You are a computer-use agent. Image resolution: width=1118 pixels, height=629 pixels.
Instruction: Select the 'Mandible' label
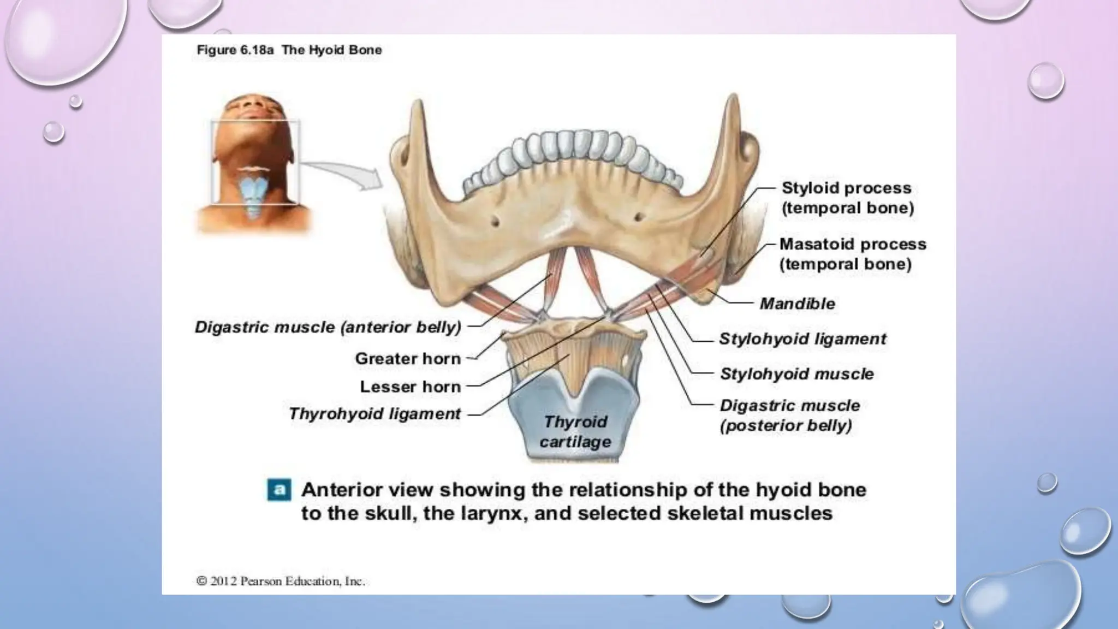pyautogui.click(x=797, y=304)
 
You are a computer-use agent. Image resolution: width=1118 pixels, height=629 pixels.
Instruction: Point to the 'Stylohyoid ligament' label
pyautogui.click(x=802, y=339)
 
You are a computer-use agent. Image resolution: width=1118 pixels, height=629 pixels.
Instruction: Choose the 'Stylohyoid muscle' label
pyautogui.click(x=796, y=374)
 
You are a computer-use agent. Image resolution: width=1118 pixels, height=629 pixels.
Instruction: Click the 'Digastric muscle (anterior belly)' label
pyautogui.click(x=328, y=327)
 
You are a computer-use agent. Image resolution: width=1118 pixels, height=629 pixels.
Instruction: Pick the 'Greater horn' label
pyautogui.click(x=408, y=359)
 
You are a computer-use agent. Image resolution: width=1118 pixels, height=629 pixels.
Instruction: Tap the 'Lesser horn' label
pyautogui.click(x=411, y=387)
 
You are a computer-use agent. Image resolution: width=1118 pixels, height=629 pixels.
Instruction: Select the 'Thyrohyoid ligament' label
pyautogui.click(x=374, y=414)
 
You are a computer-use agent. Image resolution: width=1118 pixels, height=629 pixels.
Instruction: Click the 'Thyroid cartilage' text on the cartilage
pyautogui.click(x=575, y=431)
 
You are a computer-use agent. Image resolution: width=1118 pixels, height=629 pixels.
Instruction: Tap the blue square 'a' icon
pyautogui.click(x=279, y=490)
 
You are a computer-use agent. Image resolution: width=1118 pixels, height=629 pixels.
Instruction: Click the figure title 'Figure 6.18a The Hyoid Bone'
pyautogui.click(x=289, y=50)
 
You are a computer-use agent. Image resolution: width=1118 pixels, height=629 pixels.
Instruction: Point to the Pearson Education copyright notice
pyautogui.click(x=281, y=581)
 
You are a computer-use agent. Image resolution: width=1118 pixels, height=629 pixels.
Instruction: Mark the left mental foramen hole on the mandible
pyautogui.click(x=496, y=221)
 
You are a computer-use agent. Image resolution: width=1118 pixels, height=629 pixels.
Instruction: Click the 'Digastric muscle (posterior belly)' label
pyautogui.click(x=789, y=416)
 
